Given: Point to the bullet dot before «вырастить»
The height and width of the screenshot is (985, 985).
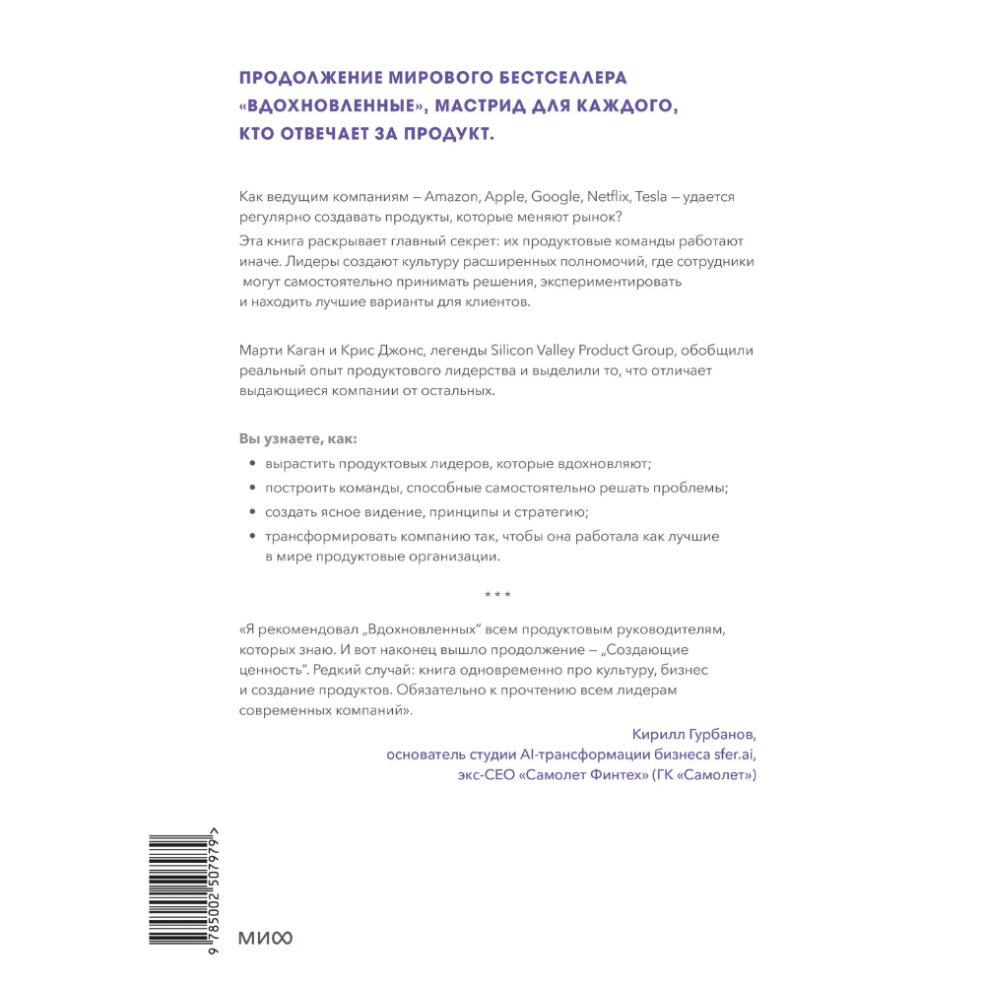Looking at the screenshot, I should [252, 463].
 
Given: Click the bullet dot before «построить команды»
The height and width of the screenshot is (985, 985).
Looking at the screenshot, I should [252, 489].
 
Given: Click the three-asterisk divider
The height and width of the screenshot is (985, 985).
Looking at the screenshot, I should [498, 595].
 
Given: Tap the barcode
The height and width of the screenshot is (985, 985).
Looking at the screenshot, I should [187, 891].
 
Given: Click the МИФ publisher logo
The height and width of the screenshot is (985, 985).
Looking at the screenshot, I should [266, 937].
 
